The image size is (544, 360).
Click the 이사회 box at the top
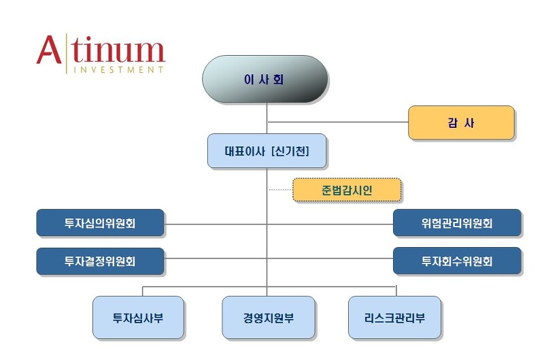[265, 80]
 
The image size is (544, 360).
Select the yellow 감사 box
[461, 123]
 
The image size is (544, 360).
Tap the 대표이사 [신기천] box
[267, 151]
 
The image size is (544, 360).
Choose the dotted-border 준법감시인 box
[347, 191]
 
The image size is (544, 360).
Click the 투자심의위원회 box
[100, 223]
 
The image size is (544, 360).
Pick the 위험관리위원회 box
[457, 223]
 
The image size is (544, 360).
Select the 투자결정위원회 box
[100, 261]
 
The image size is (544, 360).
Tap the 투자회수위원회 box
[457, 261]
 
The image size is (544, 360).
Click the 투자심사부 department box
[138, 318]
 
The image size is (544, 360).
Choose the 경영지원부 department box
[269, 318]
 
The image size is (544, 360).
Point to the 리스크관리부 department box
[394, 318]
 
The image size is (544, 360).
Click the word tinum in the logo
[118, 51]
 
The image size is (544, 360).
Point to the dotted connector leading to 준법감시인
[280, 190]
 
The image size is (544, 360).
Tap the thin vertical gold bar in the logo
[66, 53]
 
